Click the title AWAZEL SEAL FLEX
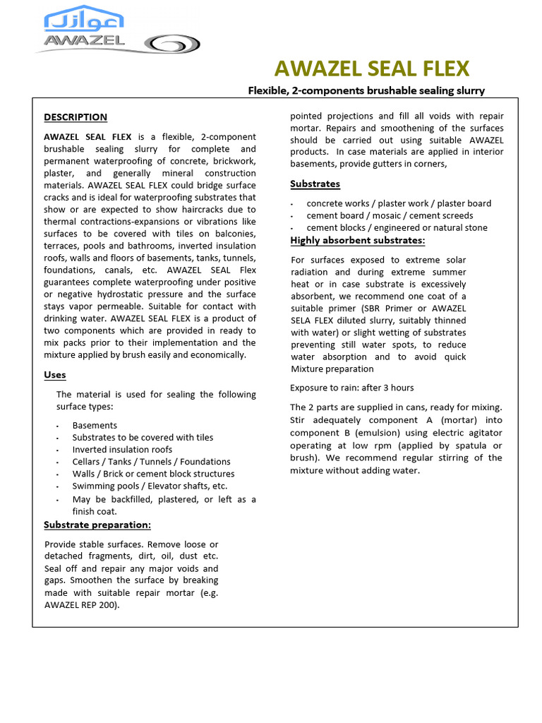371,68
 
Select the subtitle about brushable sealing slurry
366,90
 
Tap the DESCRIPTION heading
76,117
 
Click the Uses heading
55,375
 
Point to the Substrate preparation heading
97,525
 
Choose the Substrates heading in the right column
315,184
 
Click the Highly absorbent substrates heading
357,241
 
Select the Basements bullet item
95,426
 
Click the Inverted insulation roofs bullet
122,450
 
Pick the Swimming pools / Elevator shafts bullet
150,486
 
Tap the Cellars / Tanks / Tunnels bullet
151,462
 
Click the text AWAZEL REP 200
81,605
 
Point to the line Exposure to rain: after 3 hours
351,388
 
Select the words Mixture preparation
332,369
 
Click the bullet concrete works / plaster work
399,203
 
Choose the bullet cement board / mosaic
390,215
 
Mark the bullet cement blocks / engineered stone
397,227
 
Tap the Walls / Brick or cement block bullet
153,474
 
